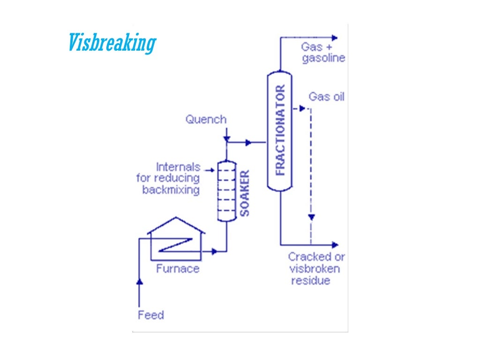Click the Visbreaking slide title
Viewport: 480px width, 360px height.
click(x=111, y=43)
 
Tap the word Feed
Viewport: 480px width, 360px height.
click(x=151, y=315)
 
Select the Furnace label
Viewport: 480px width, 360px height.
click(x=178, y=269)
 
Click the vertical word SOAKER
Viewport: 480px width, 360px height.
click(x=245, y=193)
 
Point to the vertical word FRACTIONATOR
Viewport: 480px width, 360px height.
click(x=280, y=130)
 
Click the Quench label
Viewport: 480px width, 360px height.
click(x=206, y=119)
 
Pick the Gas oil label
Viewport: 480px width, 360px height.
click(x=326, y=97)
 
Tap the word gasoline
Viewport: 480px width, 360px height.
click(x=323, y=58)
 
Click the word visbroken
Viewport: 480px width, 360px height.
click(x=315, y=269)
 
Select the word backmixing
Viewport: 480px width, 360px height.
click(x=171, y=190)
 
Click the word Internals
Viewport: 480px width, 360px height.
click(x=178, y=167)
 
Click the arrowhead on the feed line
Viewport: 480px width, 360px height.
click(x=139, y=281)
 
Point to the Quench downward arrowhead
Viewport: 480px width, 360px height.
click(x=226, y=139)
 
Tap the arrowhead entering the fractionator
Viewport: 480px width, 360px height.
click(x=248, y=142)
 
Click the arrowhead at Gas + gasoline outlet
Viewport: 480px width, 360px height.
click(x=334, y=37)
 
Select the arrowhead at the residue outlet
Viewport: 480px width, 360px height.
click(x=335, y=244)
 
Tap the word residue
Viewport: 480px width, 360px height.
click(x=311, y=281)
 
